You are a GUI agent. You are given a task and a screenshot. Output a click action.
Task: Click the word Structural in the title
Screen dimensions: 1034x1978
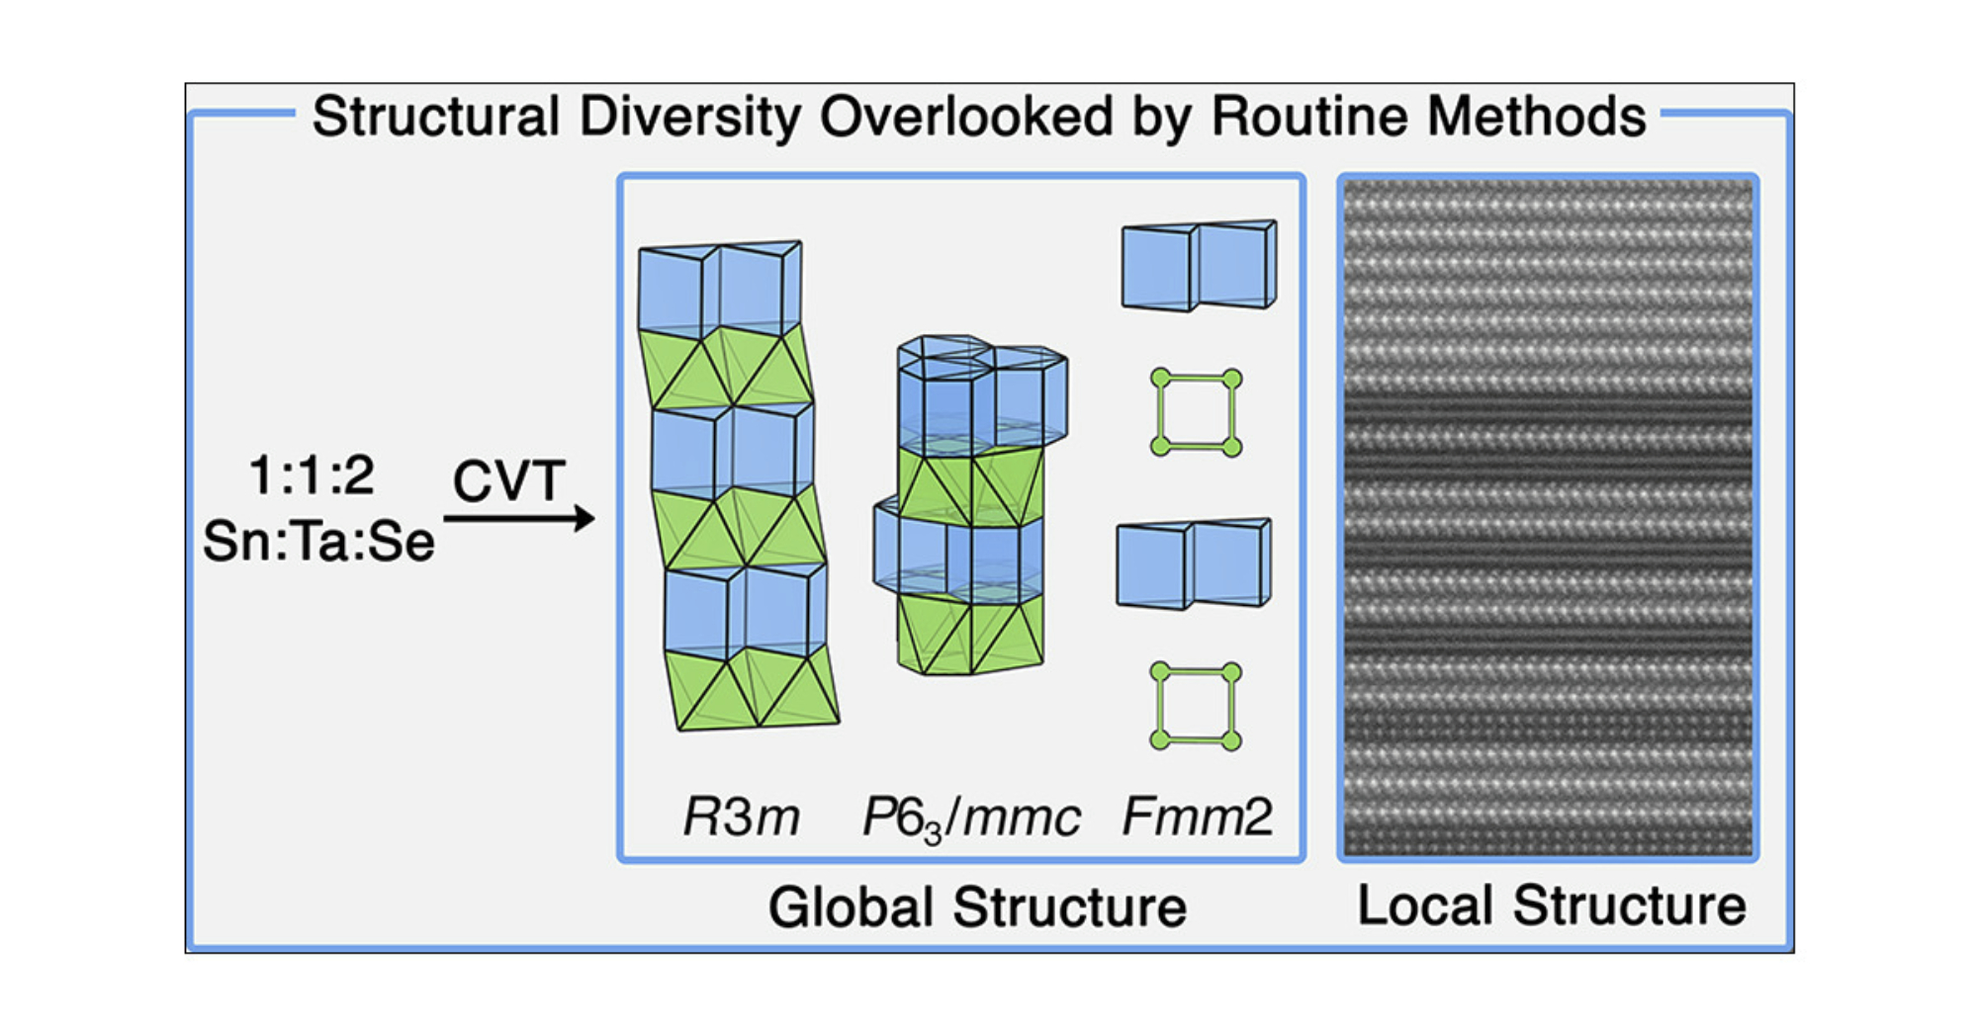[x=435, y=117]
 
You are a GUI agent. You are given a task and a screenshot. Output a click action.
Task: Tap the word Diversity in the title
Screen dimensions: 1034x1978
[x=689, y=117]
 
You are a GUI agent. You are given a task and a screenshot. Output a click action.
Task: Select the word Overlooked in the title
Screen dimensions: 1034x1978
[x=966, y=117]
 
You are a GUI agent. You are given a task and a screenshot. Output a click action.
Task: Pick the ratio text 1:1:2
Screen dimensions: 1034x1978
[x=312, y=475]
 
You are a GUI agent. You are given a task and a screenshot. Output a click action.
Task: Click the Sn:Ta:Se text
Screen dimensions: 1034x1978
[x=318, y=542]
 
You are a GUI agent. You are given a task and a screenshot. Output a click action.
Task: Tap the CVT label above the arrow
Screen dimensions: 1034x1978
[x=509, y=481]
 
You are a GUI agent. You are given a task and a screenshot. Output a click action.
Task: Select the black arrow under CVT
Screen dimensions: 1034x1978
[x=518, y=518]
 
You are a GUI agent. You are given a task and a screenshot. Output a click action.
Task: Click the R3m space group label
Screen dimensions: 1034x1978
[x=741, y=818]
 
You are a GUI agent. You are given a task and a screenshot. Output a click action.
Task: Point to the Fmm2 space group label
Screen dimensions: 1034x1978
[x=1197, y=818]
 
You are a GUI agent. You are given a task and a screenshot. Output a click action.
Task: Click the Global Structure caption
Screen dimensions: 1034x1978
[x=977, y=906]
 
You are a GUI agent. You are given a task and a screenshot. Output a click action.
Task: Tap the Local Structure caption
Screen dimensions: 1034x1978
[x=1551, y=905]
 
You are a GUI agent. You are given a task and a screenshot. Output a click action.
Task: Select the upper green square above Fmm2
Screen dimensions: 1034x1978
[x=1197, y=412]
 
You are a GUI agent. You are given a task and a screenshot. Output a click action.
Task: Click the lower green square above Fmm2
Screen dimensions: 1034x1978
[x=1197, y=706]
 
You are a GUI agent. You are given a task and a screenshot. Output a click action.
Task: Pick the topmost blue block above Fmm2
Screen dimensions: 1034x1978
[x=1199, y=266]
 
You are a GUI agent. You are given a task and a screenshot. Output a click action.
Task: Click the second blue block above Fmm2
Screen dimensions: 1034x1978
[x=1194, y=563]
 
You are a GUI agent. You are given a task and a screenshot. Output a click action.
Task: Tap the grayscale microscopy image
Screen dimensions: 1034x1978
[x=1548, y=516]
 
